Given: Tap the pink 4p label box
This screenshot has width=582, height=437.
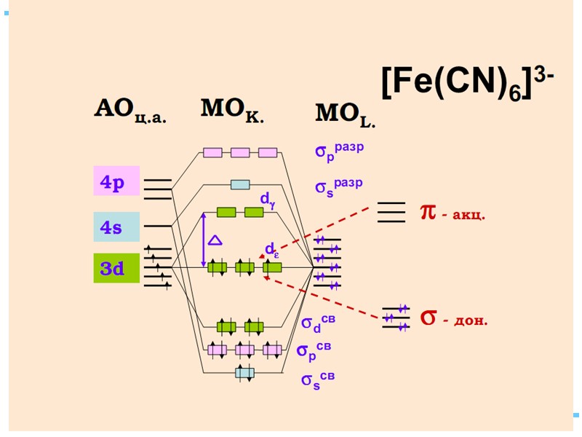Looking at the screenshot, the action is (x=113, y=182).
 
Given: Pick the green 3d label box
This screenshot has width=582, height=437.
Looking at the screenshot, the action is (x=113, y=268).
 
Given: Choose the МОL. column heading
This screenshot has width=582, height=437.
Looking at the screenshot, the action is (x=345, y=114).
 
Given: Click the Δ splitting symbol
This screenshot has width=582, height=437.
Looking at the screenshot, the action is (x=215, y=240).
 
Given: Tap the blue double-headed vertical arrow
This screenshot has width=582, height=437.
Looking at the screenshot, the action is (x=203, y=240).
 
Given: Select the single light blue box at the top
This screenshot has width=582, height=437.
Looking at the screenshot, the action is (x=240, y=184).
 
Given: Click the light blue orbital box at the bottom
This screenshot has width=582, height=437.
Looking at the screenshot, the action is (x=244, y=373).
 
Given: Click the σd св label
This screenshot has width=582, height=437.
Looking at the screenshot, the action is (x=319, y=323).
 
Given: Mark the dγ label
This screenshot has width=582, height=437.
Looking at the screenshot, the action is (x=268, y=198).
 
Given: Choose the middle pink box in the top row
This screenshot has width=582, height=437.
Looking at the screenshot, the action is (x=240, y=152).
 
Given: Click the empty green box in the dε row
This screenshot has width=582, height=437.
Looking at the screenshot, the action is (x=272, y=267).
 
